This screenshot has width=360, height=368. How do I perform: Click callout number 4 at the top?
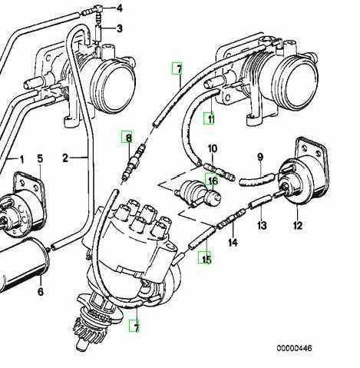coord(119,8)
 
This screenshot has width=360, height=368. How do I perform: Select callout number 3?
coord(120,28)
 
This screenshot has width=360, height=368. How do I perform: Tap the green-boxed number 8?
coord(128,138)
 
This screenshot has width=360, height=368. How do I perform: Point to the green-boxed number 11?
coord(210,118)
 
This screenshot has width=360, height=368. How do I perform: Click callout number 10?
coord(213,149)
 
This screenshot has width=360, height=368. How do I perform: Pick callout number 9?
coord(260,157)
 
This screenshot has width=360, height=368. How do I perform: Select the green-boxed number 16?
coord(213,181)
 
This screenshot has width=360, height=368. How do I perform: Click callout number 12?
coord(298,226)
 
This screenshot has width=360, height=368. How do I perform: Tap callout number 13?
coord(262,226)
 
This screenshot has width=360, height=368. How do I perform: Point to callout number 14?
coord(233,242)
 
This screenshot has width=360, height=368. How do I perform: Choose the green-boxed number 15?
coord(206,259)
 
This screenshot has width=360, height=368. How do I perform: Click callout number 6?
coord(41,291)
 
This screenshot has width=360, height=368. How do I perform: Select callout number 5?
coord(40,159)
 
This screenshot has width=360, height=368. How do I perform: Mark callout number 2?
coord(65,158)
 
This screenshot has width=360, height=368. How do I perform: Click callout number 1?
coord(21,160)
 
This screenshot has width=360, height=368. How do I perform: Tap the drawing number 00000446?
coord(294,348)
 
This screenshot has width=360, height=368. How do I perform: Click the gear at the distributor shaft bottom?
coord(85,330)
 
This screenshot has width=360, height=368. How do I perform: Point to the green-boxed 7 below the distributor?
coord(136,326)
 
